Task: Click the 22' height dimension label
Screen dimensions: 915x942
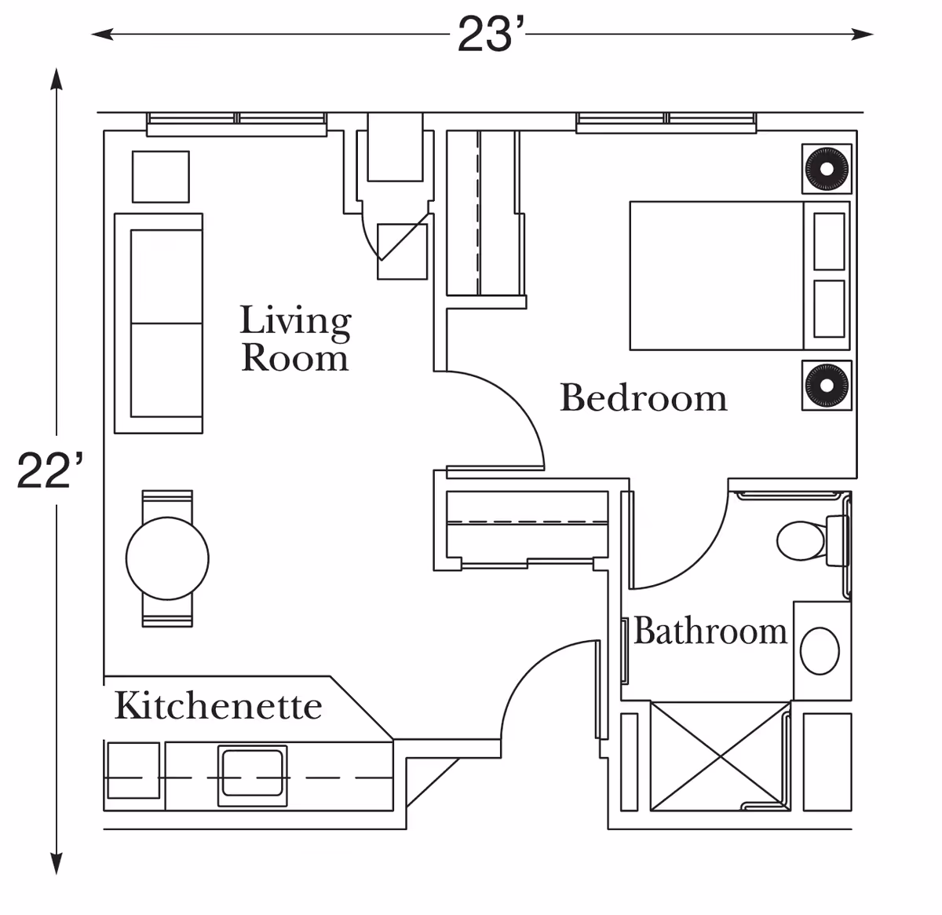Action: (49, 471)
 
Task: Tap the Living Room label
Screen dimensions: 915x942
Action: (295, 339)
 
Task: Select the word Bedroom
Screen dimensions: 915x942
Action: (643, 397)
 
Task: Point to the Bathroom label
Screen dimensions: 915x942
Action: (710, 631)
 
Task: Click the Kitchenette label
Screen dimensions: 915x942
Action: (218, 705)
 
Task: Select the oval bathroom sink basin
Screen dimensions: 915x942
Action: (820, 650)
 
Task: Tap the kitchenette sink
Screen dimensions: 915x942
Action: (252, 774)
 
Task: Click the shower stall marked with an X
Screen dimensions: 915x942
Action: (720, 756)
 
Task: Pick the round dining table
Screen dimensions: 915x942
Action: (167, 558)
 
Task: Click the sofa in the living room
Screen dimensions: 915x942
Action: (159, 323)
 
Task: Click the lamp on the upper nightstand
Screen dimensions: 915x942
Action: (827, 168)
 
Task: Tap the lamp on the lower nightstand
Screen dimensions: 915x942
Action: (827, 385)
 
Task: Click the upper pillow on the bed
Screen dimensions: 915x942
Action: (829, 240)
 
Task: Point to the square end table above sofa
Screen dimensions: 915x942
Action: (160, 177)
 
